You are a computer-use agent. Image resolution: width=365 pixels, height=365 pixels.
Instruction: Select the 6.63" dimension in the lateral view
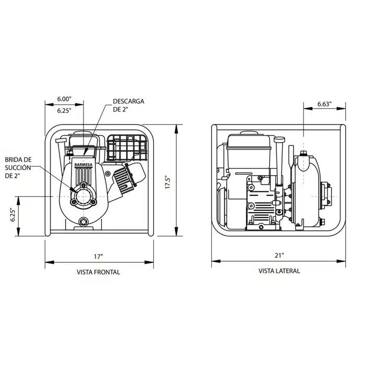[324, 104]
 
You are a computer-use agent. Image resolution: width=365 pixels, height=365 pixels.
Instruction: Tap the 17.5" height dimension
[168, 182]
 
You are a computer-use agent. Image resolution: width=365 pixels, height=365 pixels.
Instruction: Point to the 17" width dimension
[99, 257]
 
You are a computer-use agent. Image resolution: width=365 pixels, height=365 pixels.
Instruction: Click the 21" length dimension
[279, 256]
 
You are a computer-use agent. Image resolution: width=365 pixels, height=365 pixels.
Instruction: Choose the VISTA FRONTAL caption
[99, 272]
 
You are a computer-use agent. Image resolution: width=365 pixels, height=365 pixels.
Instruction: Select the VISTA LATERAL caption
[279, 271]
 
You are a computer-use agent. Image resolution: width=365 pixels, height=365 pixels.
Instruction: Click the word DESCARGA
[128, 102]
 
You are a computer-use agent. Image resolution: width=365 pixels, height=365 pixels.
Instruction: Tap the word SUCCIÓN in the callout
[18, 168]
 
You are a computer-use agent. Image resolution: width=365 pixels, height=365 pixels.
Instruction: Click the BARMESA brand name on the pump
[83, 165]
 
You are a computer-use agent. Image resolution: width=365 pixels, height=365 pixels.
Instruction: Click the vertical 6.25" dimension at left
[13, 216]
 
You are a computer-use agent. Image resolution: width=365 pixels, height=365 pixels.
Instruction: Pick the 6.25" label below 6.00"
[64, 111]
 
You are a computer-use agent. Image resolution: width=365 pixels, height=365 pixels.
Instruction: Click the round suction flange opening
[83, 197]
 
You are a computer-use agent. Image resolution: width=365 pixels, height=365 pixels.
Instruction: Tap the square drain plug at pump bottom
[83, 222]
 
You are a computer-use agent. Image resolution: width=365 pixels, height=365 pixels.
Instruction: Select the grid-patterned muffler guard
[127, 148]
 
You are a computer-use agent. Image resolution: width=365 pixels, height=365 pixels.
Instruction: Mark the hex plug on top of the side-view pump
[303, 153]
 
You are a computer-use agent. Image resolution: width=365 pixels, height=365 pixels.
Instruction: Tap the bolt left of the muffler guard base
[107, 174]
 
